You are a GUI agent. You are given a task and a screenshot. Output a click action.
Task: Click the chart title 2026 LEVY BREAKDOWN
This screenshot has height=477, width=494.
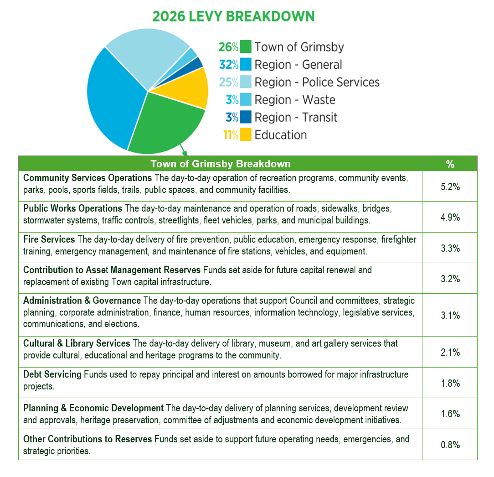233,16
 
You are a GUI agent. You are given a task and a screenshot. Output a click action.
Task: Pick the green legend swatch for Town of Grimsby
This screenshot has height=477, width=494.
246,47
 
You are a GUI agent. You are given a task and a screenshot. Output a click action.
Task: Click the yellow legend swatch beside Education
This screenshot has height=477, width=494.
246,135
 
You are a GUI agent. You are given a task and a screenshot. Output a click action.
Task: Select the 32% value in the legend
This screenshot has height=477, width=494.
229,65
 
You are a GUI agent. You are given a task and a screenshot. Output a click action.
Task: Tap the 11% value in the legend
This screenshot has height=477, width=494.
231,135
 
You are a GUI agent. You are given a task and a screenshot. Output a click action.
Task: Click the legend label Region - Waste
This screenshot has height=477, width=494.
295,99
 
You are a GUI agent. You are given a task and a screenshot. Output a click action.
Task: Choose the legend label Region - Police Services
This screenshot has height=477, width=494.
317,82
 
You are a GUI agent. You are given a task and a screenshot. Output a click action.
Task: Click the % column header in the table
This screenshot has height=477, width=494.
450,164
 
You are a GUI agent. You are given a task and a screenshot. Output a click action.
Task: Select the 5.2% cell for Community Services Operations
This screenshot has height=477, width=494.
450,187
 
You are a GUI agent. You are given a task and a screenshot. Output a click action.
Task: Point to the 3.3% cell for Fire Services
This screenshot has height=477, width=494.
450,248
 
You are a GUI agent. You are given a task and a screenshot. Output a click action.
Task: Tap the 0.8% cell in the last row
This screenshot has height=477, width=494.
450,445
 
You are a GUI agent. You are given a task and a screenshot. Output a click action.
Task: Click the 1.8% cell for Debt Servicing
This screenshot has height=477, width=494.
450,383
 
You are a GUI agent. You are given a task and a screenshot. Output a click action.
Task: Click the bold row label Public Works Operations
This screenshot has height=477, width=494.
73,208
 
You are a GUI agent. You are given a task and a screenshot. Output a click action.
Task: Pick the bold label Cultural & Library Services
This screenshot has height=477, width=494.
77,343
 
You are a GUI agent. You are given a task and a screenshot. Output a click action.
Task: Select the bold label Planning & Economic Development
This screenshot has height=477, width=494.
93,408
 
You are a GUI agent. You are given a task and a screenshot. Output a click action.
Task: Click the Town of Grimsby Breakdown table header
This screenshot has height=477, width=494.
221,164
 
